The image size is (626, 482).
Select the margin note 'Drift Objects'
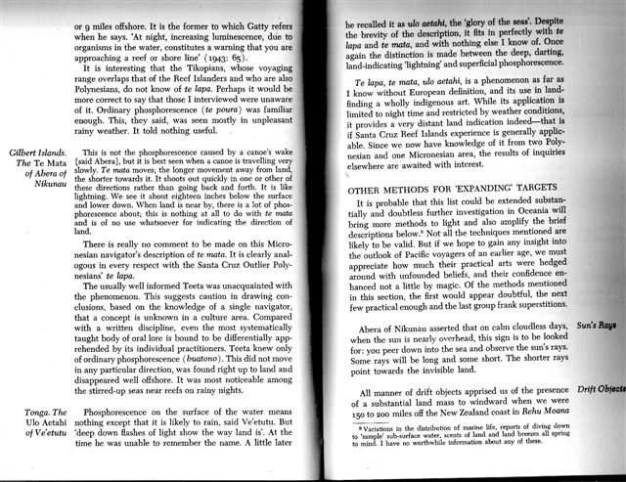tap(599, 391)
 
